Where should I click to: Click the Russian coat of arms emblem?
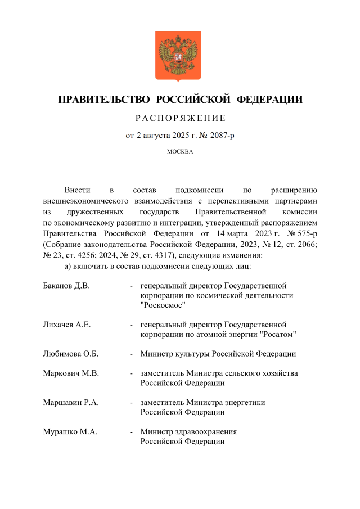click(179, 57)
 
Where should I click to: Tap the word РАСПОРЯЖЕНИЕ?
click(180, 118)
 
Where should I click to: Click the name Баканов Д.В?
click(66, 285)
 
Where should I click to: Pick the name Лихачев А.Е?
click(67, 325)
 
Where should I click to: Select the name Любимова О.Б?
click(70, 354)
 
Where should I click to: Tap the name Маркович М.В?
click(70, 373)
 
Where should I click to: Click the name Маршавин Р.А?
click(70, 403)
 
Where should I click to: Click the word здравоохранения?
click(205, 432)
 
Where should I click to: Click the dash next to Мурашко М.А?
click(132, 432)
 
